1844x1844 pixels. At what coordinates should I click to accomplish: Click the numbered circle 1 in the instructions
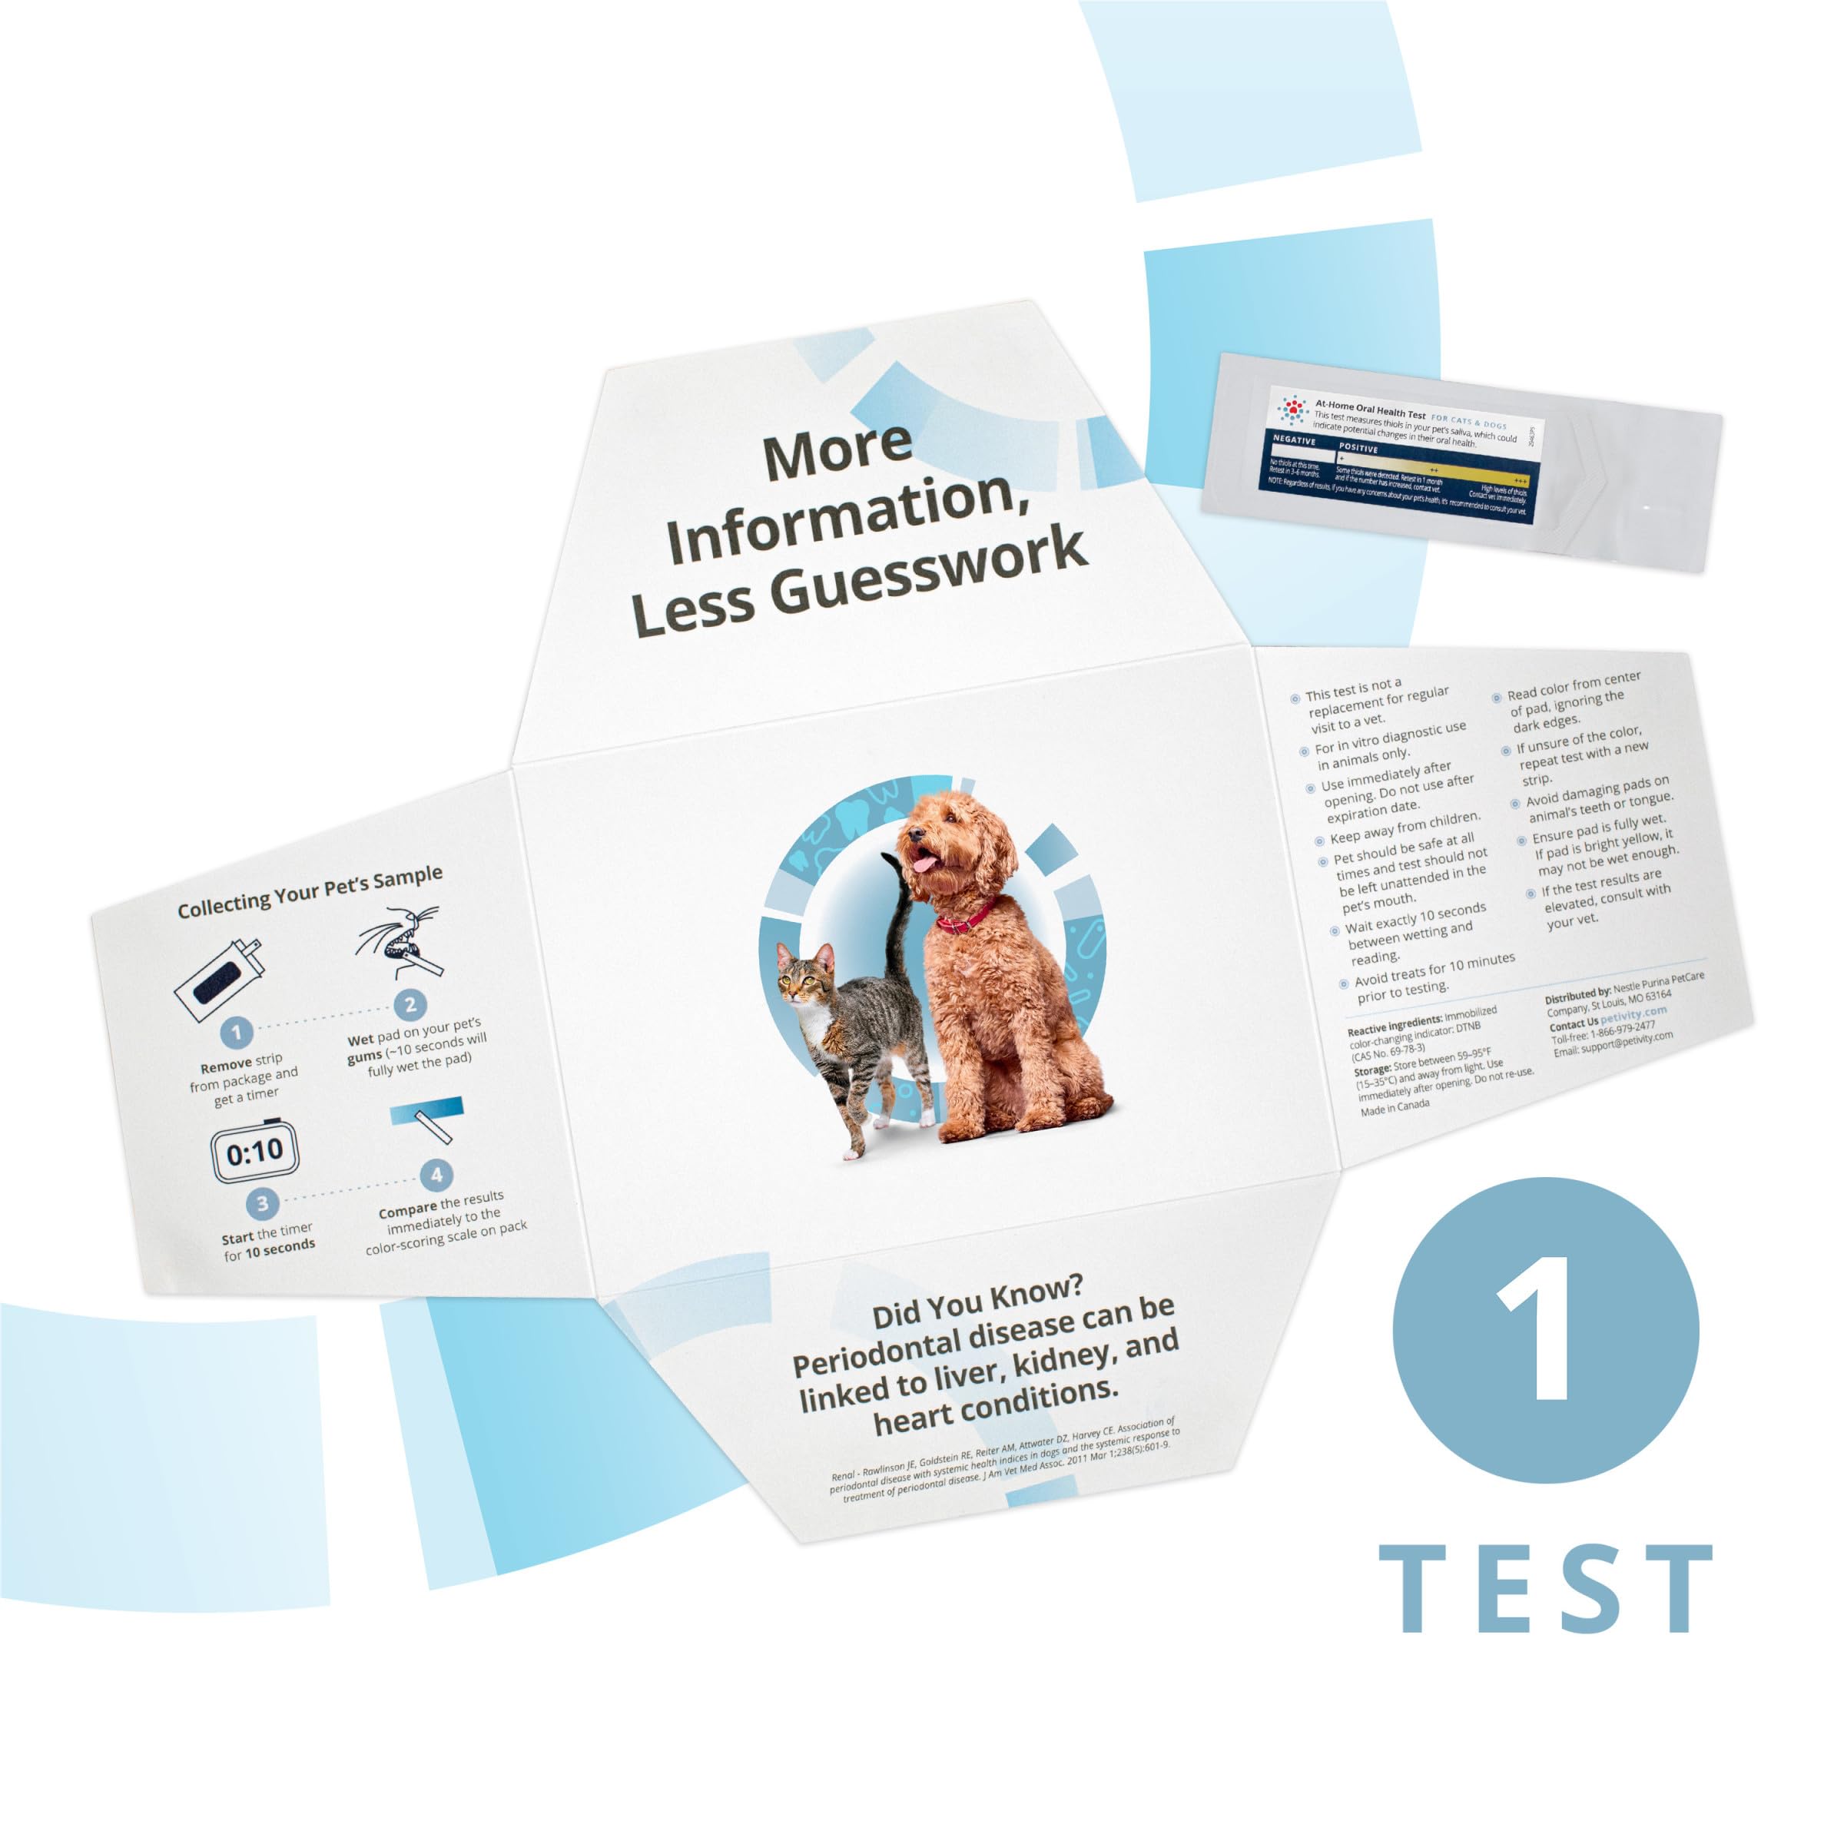pos(237,1031)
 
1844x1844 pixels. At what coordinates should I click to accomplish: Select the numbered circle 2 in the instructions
pos(410,1004)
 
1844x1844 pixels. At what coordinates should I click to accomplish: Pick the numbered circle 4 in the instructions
pos(436,1174)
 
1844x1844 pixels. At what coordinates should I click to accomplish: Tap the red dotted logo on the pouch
pos(1293,410)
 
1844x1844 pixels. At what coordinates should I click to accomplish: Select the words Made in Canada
pos(1395,1107)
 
